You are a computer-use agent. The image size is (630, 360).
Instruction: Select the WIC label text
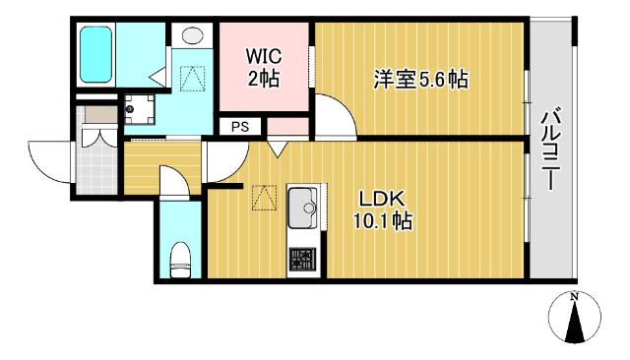pos(263,58)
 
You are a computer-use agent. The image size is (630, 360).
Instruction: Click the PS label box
pos(240,126)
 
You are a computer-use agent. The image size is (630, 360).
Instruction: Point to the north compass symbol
pos(573,320)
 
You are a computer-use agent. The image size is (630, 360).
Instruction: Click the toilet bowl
pos(180,260)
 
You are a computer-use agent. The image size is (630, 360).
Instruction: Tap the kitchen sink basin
pos(303,208)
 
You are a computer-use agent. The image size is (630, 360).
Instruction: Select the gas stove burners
pos(303,259)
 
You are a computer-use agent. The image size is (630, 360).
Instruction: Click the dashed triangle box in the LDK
pos(263,199)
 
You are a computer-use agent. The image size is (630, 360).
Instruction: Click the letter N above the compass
pos(573,295)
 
